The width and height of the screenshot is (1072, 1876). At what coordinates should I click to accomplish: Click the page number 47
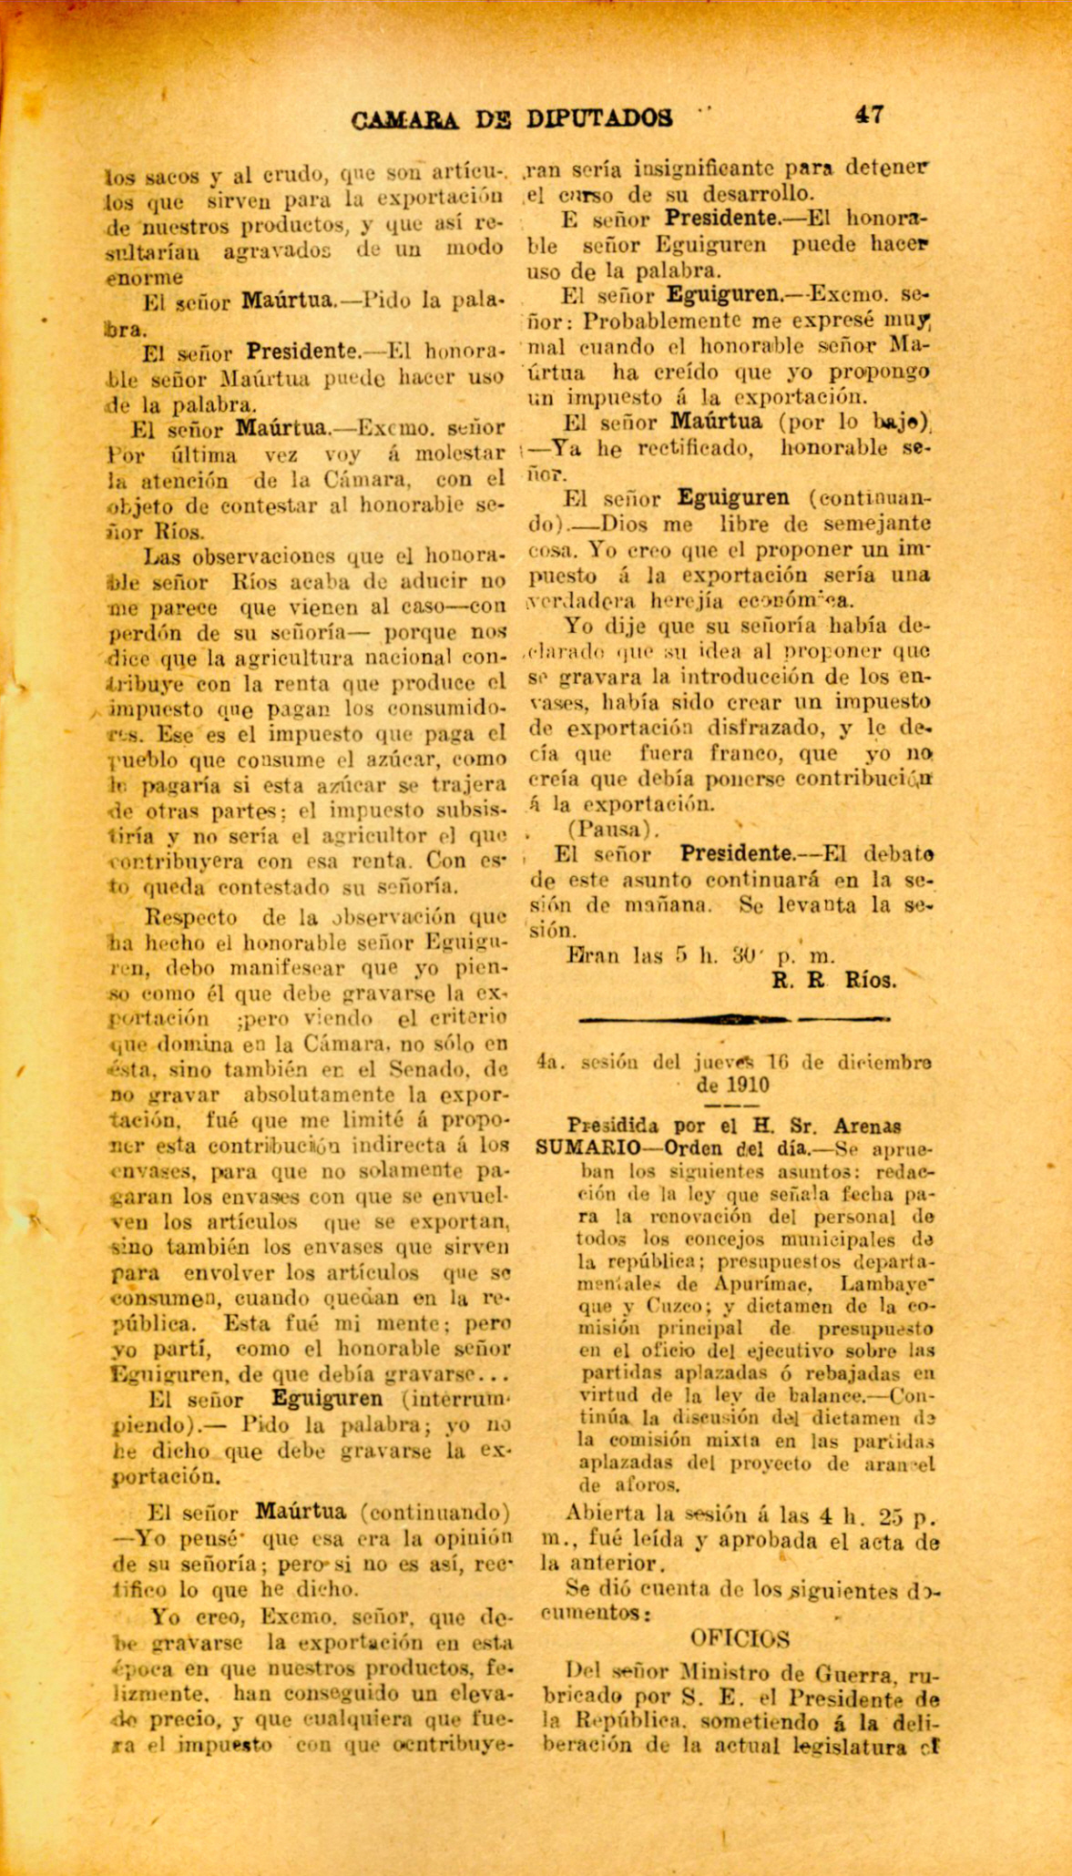click(869, 115)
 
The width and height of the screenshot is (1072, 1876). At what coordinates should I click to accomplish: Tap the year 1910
click(749, 1086)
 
